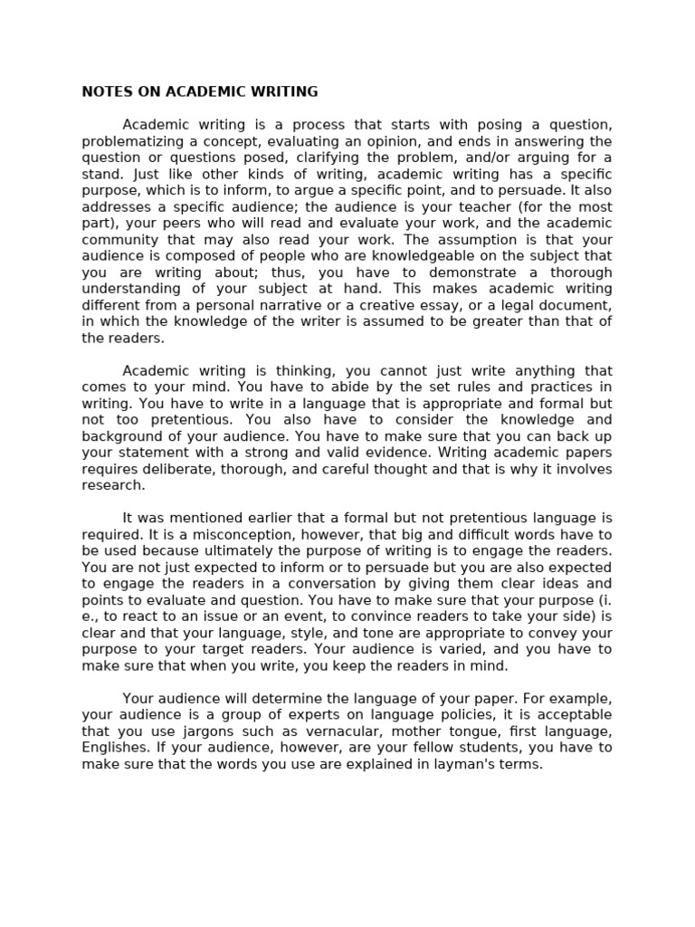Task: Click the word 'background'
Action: [120, 436]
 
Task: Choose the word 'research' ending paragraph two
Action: [113, 485]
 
